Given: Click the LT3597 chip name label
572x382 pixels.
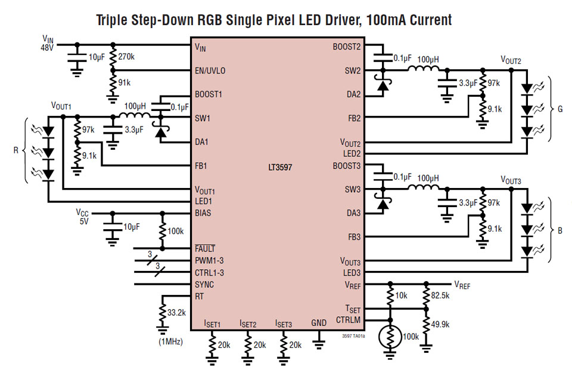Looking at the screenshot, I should pyautogui.click(x=279, y=176).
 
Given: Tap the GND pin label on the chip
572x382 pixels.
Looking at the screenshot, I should pyautogui.click(x=319, y=323).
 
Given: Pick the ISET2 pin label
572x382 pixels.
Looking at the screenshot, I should pyautogui.click(x=248, y=324).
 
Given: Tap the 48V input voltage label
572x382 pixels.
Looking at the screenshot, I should pyautogui.click(x=47, y=47).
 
